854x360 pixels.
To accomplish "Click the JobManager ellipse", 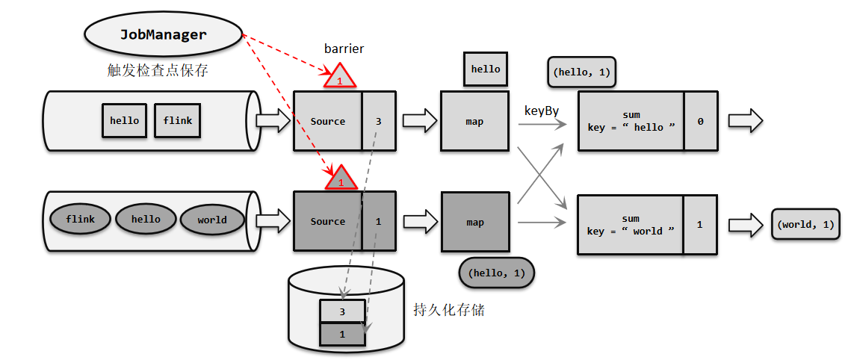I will [x=164, y=34].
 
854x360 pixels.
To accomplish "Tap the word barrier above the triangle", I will [x=344, y=49].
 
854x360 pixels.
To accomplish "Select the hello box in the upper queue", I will [x=124, y=120].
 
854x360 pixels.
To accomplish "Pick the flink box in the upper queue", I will [x=177, y=120].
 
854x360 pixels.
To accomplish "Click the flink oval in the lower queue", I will [x=80, y=220].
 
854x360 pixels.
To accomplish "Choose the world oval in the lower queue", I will [x=212, y=220].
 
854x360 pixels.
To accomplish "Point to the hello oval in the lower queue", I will [x=146, y=220].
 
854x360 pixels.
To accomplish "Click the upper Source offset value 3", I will [x=378, y=121].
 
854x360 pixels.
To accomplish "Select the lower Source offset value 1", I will [x=378, y=221].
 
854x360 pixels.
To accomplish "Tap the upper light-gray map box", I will [x=474, y=121].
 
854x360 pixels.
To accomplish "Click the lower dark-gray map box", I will [x=474, y=222].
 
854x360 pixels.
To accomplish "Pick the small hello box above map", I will [x=486, y=69].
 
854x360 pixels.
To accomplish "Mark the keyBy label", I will [x=542, y=111].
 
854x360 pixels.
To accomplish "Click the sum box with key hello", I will [x=631, y=121].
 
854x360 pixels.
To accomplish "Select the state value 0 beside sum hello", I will [x=700, y=121].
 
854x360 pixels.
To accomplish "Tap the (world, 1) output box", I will [x=805, y=224].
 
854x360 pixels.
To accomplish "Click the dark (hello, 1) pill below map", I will [x=497, y=273].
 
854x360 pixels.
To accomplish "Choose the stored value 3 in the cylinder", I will [x=342, y=311].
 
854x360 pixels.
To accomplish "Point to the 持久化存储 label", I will [x=449, y=309].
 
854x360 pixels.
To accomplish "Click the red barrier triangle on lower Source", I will [x=340, y=179].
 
